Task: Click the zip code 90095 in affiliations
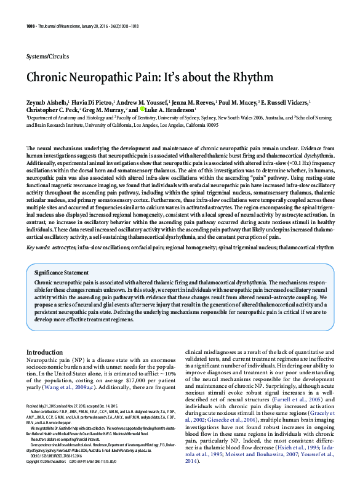point(209,124)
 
